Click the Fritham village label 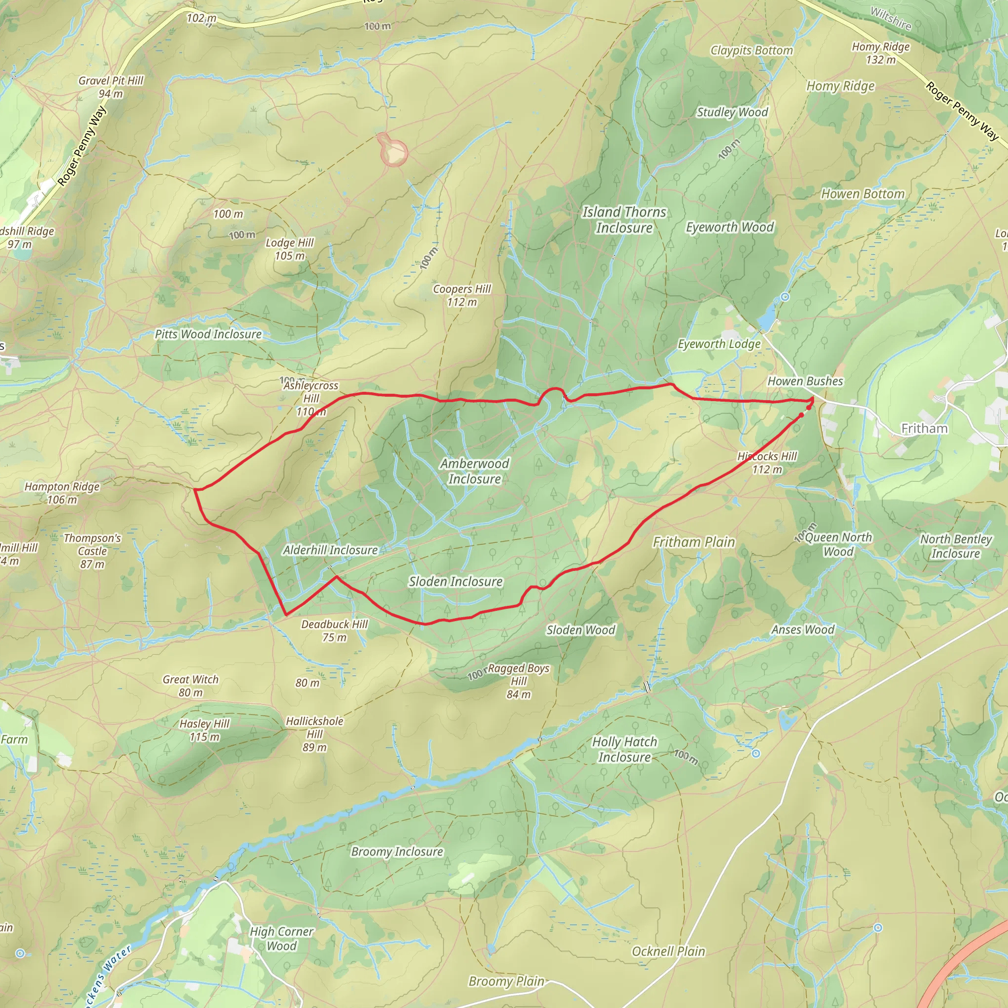click(x=924, y=428)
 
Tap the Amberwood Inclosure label click(x=474, y=471)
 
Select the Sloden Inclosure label click(x=455, y=581)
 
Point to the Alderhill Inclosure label click(x=330, y=550)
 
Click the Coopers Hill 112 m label click(x=462, y=295)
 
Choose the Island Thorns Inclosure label click(x=624, y=220)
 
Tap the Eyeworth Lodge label click(x=719, y=344)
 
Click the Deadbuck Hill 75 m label click(x=334, y=630)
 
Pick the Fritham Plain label click(x=694, y=542)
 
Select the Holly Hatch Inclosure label click(x=625, y=749)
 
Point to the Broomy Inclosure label click(x=397, y=851)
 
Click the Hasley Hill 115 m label click(x=205, y=730)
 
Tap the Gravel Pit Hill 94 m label click(x=111, y=87)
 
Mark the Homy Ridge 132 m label click(x=881, y=53)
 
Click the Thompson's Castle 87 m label click(x=93, y=551)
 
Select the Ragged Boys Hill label click(x=518, y=681)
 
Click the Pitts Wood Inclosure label click(x=208, y=334)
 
